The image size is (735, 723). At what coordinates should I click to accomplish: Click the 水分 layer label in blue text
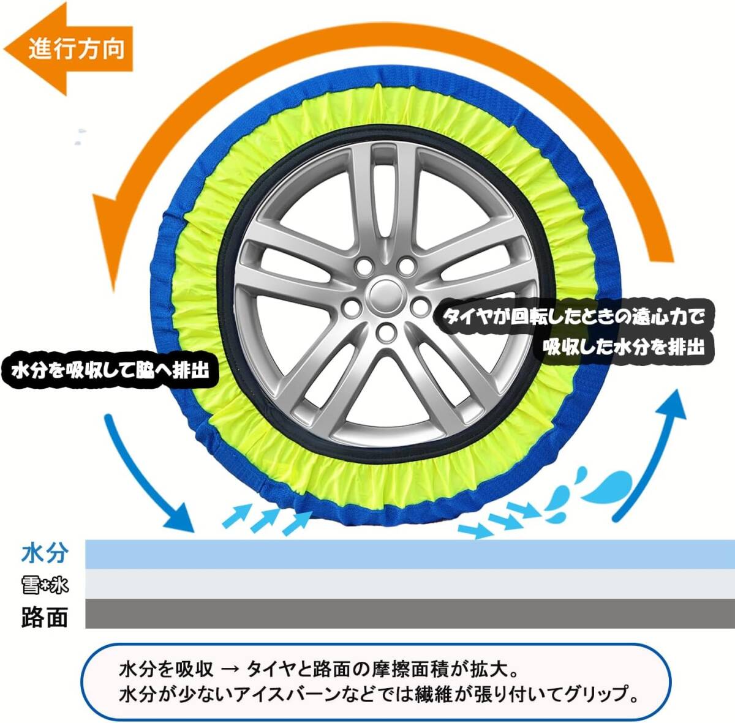pyautogui.click(x=44, y=553)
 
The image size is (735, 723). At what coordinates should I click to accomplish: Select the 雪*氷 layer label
pyautogui.click(x=44, y=585)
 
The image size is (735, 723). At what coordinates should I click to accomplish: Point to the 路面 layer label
pyautogui.click(x=44, y=617)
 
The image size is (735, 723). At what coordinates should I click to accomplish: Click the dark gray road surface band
pyautogui.click(x=404, y=613)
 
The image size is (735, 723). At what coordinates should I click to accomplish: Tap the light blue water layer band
pyautogui.click(x=404, y=554)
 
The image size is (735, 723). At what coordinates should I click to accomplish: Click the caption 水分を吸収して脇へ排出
pyautogui.click(x=110, y=370)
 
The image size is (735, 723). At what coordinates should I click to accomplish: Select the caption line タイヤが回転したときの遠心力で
pyautogui.click(x=573, y=317)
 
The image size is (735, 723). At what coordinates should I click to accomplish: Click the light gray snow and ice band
pyautogui.click(x=404, y=584)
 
